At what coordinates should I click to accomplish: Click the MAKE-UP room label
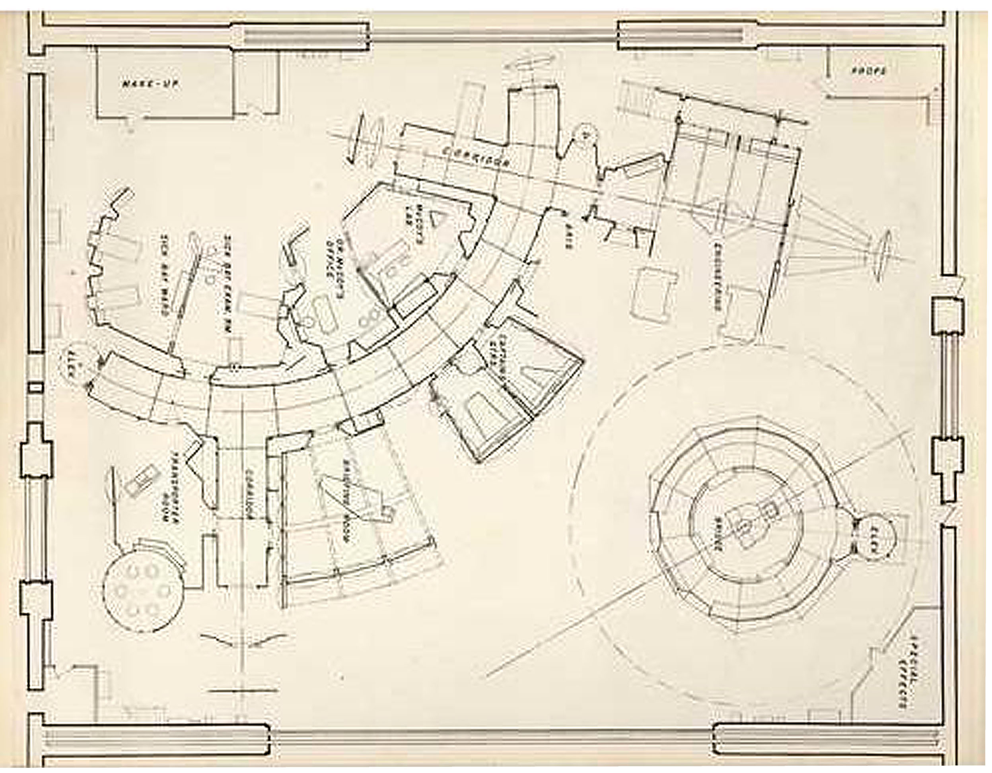(x=150, y=84)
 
